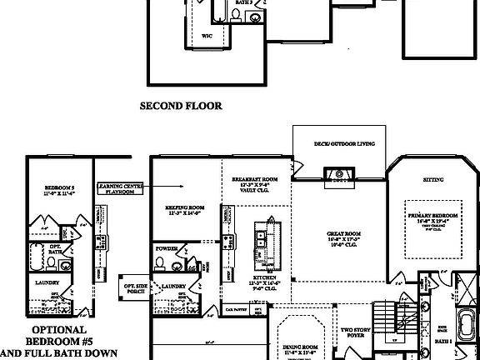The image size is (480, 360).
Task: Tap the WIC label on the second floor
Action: (x=207, y=37)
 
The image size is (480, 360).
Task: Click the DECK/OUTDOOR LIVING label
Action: (x=339, y=143)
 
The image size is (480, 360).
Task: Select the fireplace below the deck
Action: (x=339, y=174)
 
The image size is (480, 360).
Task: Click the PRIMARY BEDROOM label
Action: (x=430, y=218)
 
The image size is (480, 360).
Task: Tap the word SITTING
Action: (x=432, y=180)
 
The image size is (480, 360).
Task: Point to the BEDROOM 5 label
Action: (x=58, y=192)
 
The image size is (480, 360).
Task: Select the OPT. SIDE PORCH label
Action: (x=134, y=290)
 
